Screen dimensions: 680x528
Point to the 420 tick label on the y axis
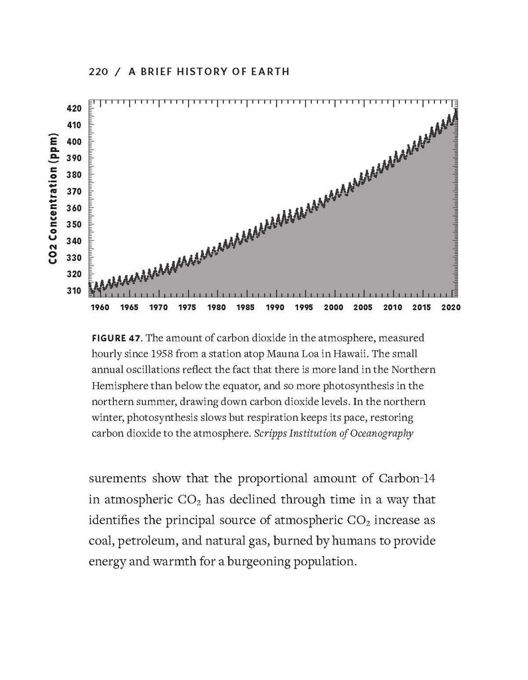pos(74,108)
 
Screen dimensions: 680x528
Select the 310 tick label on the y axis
pos(74,291)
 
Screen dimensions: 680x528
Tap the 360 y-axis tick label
pos(74,208)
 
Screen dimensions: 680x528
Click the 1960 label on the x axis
pos(100,307)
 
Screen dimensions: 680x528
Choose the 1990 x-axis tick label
pos(275,307)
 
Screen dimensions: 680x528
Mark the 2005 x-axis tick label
pos(362,307)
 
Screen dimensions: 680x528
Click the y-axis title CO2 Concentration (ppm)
pos(53,199)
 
